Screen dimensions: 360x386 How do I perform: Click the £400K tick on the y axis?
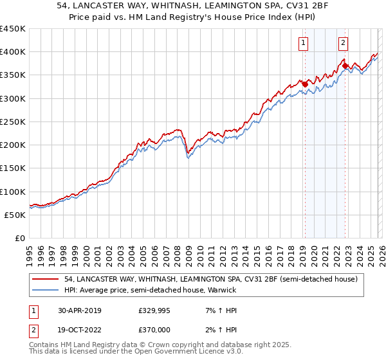coord(13,52)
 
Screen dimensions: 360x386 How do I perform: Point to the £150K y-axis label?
coord(13,168)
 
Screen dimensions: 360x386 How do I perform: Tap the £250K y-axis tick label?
coord(13,122)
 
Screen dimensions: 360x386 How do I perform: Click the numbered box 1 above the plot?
coord(302,43)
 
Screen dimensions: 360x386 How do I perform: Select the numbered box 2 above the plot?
coord(344,43)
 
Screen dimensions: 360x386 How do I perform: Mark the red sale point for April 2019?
coord(305,84)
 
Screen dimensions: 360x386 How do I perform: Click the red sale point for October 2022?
coord(345,66)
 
